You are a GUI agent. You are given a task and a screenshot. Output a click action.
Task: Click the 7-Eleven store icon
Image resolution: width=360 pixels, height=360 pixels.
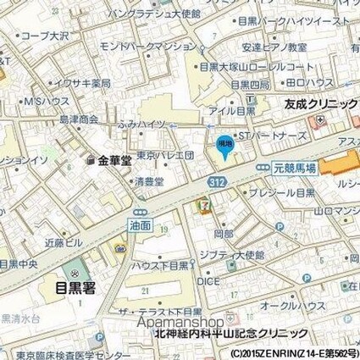tap(202, 205)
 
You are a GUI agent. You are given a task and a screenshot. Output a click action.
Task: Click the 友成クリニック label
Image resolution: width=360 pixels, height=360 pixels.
tap(319, 103)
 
